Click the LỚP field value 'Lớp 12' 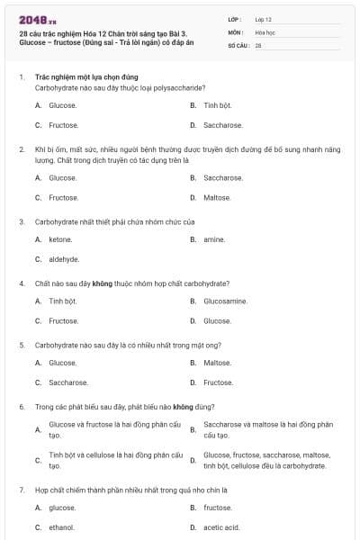pos(264,18)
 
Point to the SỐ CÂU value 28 pos(258,45)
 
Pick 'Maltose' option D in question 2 pos(217,197)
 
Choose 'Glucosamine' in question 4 pos(225,301)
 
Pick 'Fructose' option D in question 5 pos(219,382)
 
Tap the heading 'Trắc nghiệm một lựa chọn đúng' pos(86,77)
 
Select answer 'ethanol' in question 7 pos(61,527)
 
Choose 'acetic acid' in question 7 pos(221,527)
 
